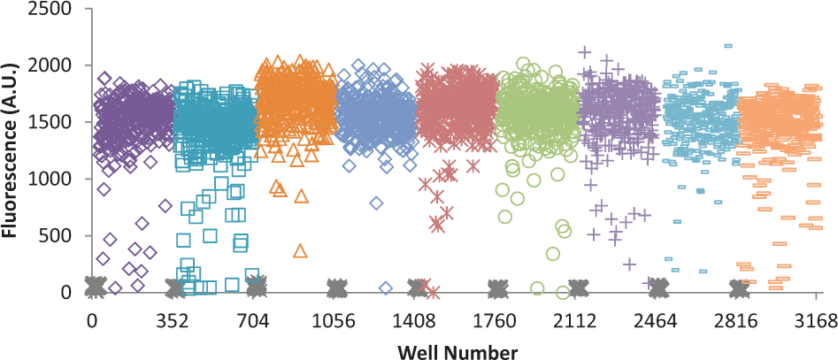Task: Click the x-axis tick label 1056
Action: (336, 322)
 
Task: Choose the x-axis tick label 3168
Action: (816, 322)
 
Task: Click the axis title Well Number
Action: (457, 352)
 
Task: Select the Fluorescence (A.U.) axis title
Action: (10, 149)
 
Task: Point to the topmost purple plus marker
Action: (585, 52)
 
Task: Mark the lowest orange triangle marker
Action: (300, 251)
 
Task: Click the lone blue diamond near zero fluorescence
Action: (386, 287)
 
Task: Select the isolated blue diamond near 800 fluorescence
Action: (376, 203)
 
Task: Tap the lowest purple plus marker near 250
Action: (629, 264)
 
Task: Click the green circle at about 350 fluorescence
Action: (553, 253)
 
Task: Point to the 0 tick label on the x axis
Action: (92, 322)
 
